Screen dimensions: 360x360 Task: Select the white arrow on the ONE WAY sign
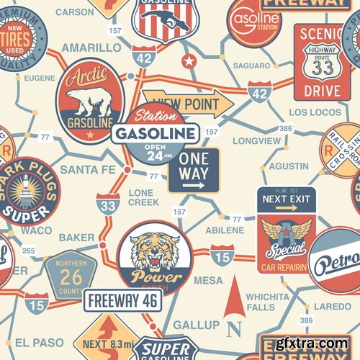[x=192, y=185]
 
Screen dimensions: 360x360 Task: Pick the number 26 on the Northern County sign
[x=71, y=275]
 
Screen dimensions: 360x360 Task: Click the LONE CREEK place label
[x=144, y=198]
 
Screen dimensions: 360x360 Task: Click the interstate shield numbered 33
[x=108, y=205]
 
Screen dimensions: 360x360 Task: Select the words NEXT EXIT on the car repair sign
[x=284, y=199]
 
